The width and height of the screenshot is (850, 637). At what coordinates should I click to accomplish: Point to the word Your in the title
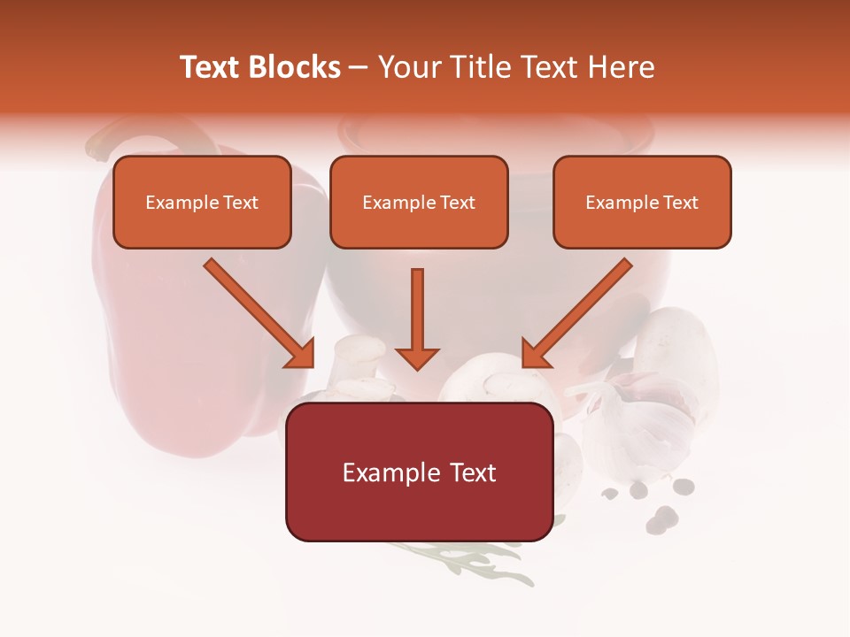tap(406, 67)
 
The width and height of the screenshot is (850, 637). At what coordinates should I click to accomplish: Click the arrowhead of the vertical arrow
tap(417, 358)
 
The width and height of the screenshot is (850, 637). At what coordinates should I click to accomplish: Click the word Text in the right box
tap(680, 203)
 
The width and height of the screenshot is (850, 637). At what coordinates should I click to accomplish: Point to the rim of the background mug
tap(496, 133)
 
